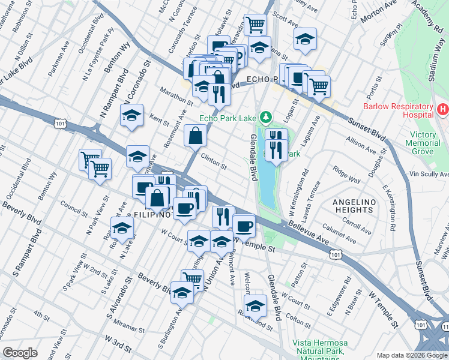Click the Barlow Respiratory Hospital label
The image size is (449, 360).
point(397,110)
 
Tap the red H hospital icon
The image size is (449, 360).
point(443,110)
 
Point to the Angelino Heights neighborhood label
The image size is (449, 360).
point(354,205)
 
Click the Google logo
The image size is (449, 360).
point(20,352)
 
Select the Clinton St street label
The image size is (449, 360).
point(213,162)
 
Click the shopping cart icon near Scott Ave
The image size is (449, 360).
point(256,24)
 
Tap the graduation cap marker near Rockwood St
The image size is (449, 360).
point(255,304)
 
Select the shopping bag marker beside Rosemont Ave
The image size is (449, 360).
point(196,135)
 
